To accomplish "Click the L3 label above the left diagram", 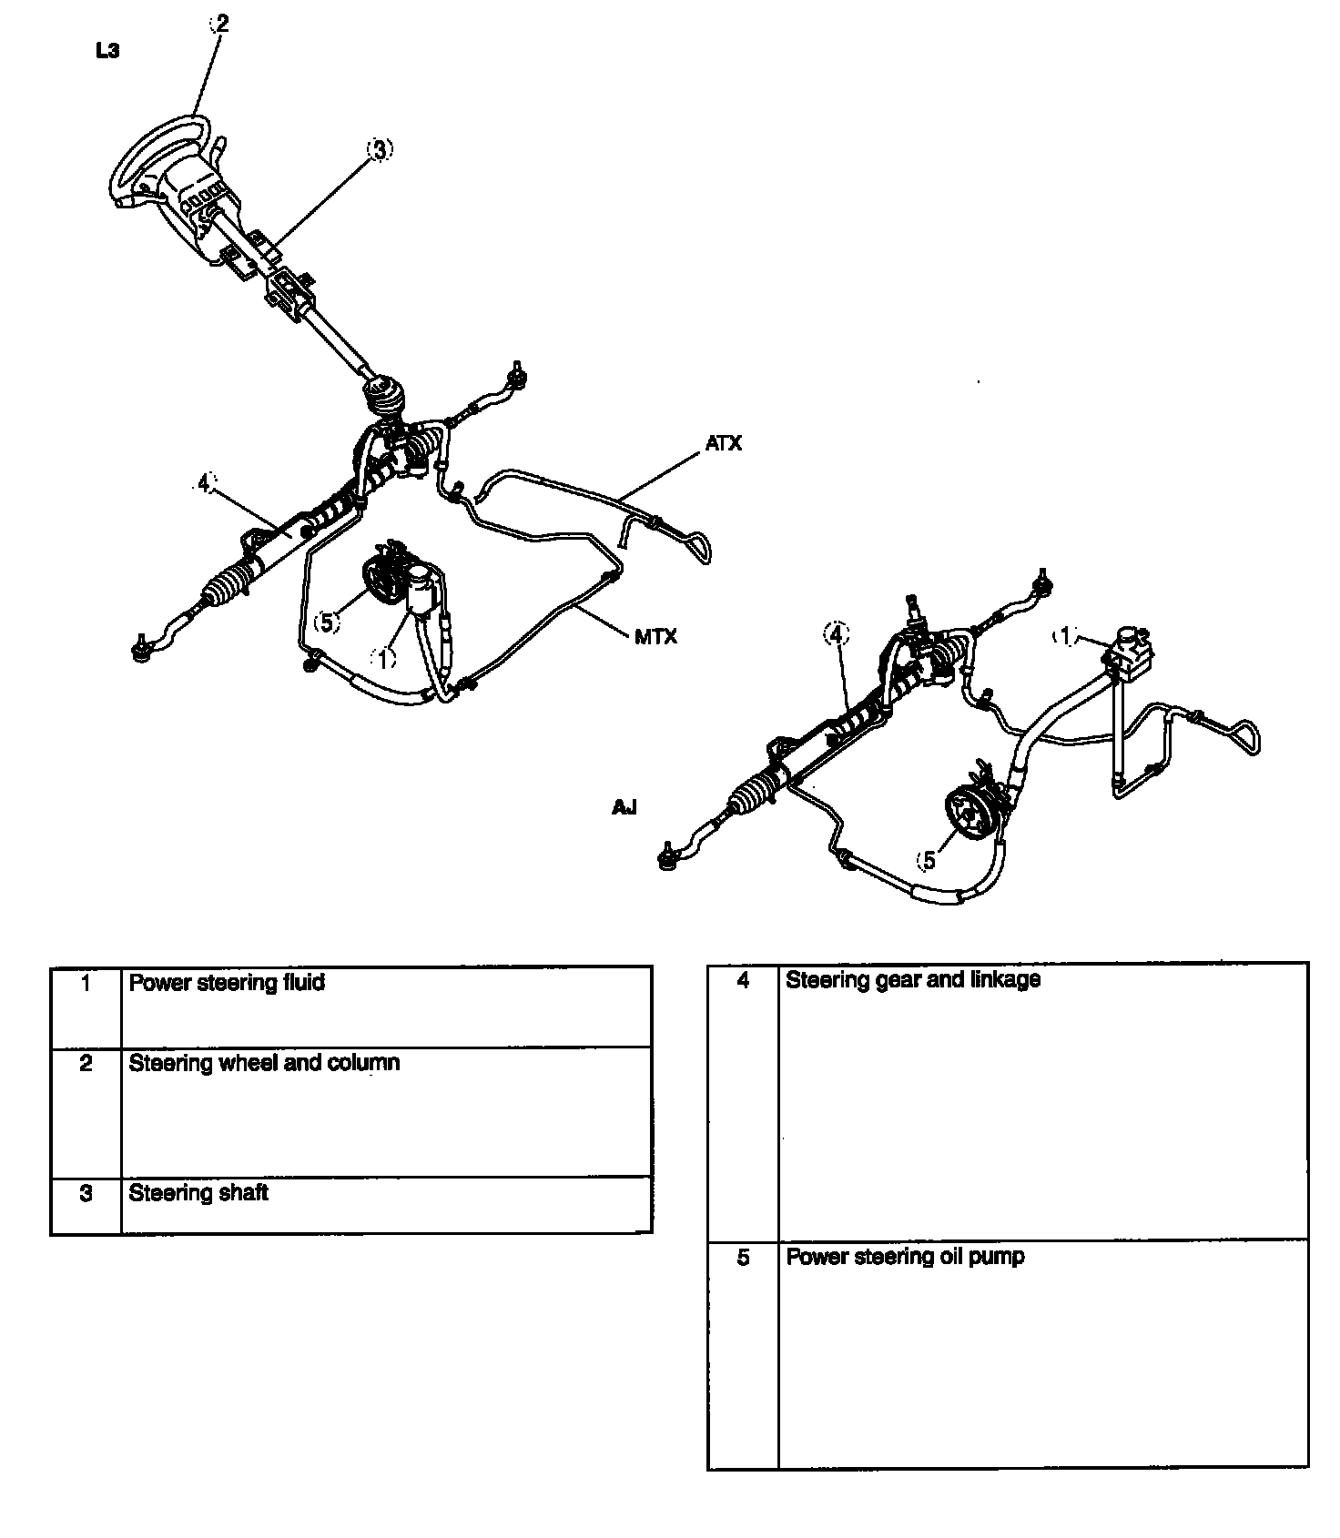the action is (x=107, y=51).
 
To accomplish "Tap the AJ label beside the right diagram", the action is (x=624, y=807).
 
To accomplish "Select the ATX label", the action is (x=724, y=443).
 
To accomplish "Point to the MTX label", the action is (x=655, y=637).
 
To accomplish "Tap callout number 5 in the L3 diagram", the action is (x=326, y=622).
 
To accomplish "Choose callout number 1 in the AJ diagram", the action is (x=1064, y=637).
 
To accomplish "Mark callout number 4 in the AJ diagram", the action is (x=837, y=633).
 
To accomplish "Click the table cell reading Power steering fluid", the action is (x=227, y=983).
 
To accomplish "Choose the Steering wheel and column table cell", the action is (x=264, y=1063).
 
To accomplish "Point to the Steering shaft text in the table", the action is (x=198, y=1193).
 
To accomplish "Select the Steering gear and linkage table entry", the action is (x=912, y=980).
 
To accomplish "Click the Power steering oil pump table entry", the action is (x=905, y=1257).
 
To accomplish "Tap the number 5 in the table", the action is (x=743, y=1258).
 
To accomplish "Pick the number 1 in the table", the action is (x=86, y=983).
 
